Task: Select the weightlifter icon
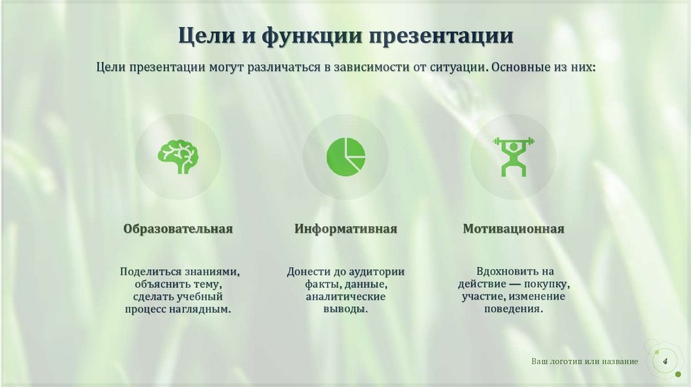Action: pyautogui.click(x=513, y=156)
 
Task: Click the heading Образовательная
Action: pyautogui.click(x=178, y=229)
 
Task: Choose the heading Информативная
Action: pyautogui.click(x=345, y=229)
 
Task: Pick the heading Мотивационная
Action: pyautogui.click(x=514, y=229)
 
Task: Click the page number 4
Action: pyautogui.click(x=665, y=362)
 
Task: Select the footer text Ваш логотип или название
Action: pyautogui.click(x=584, y=362)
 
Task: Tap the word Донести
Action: pyautogui.click(x=308, y=272)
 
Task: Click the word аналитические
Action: pyautogui.click(x=345, y=297)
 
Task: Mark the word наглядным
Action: pyautogui.click(x=206, y=309)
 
